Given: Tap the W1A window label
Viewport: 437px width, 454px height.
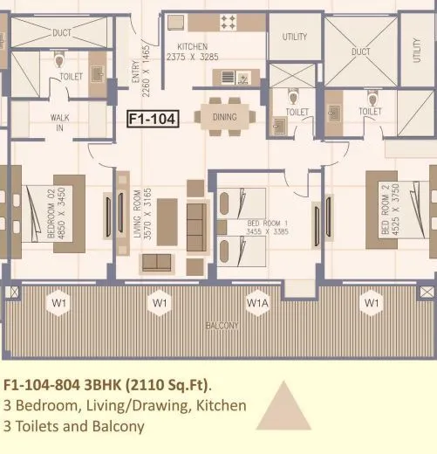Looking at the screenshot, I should pyautogui.click(x=257, y=303).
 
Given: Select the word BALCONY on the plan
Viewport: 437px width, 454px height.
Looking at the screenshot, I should pyautogui.click(x=222, y=326).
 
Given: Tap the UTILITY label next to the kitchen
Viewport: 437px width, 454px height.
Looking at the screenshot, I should pyautogui.click(x=294, y=38).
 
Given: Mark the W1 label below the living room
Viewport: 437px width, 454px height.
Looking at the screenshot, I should pyautogui.click(x=159, y=303).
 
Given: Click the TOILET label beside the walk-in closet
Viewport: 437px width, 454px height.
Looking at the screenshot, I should pyautogui.click(x=72, y=77).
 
